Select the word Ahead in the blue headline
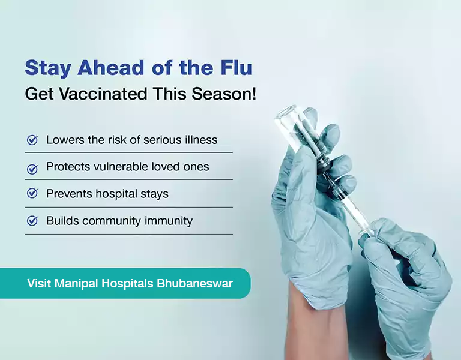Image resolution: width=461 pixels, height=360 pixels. point(98,68)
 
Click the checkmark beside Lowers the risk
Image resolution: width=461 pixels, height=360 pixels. point(32,140)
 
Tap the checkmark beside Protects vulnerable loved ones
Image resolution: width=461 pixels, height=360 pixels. point(32,168)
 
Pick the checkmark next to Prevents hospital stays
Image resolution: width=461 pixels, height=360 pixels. point(32,194)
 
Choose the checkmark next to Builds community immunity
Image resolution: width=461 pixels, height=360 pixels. point(32,221)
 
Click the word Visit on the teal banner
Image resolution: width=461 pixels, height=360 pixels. point(39,283)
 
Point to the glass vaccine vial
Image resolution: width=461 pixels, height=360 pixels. point(299,130)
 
